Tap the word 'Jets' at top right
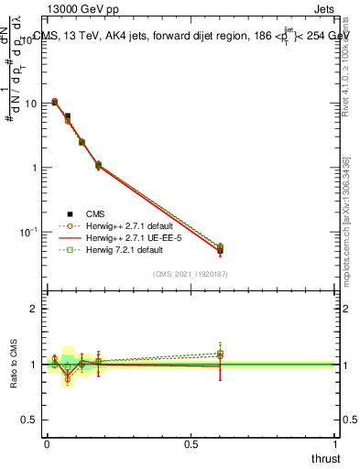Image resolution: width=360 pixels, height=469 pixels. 322,8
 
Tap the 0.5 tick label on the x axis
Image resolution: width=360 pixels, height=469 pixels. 191,444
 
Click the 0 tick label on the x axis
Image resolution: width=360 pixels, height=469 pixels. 47,444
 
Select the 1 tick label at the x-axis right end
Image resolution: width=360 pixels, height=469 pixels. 336,444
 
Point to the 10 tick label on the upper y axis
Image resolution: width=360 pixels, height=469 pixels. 31,104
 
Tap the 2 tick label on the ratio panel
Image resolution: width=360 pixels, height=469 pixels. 34,309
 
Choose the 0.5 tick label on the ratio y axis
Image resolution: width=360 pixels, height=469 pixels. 30,420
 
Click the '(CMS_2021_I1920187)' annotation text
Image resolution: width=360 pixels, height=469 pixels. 191,273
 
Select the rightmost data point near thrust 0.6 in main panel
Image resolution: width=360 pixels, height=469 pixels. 220,249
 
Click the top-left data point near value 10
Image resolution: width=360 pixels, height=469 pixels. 54,102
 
